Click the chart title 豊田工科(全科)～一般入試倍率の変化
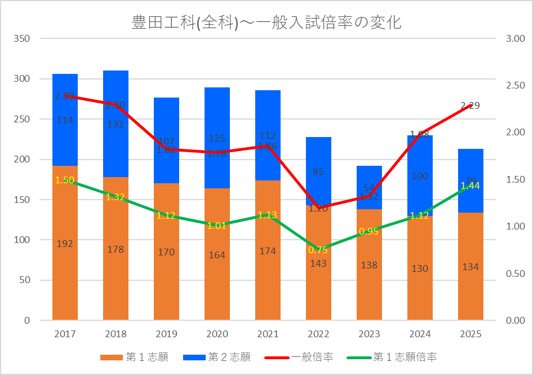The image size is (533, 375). tap(266, 23)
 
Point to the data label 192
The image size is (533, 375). tap(65, 244)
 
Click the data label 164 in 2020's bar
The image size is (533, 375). tap(217, 255)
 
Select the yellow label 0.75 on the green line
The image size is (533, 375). tap(318, 250)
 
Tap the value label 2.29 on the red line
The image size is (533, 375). tap(470, 105)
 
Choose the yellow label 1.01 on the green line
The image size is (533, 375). tap(217, 226)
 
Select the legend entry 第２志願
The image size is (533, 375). tap(217, 357)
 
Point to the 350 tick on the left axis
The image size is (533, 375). tap(23, 39)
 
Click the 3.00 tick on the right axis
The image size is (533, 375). tap(516, 39)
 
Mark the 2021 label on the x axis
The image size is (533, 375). tap(268, 334)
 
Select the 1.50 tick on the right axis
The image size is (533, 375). tap(516, 179)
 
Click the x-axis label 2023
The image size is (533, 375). tap(369, 334)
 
